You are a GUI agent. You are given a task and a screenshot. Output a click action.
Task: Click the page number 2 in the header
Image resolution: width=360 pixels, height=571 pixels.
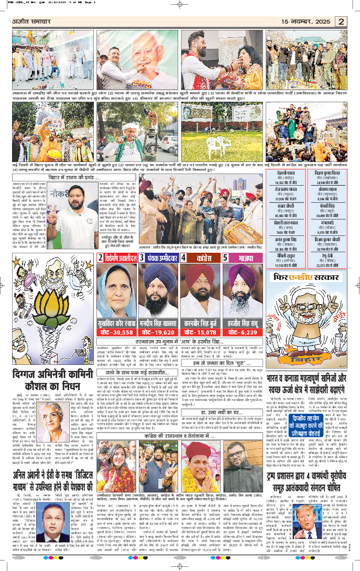click(341, 21)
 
